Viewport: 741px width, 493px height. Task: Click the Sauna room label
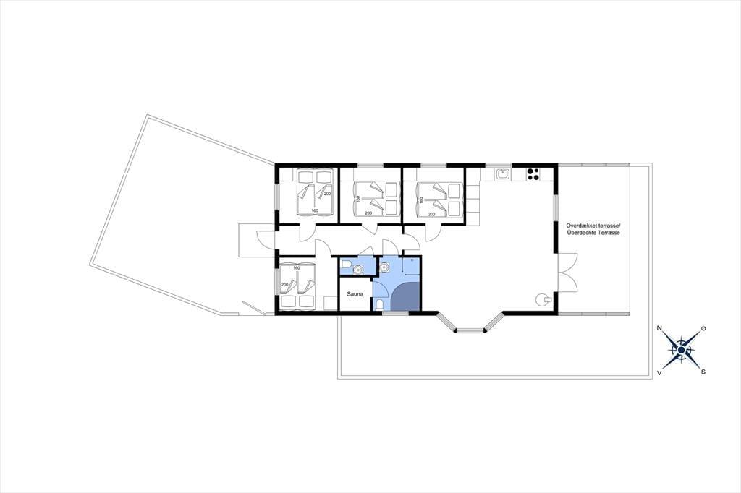pos(355,294)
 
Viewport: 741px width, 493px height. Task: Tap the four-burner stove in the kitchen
pos(533,174)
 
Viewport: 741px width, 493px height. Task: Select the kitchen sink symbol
pos(504,174)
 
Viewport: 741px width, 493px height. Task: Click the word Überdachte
pos(581,233)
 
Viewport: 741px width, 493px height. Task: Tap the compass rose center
pos(681,350)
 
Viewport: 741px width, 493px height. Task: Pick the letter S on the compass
pos(703,372)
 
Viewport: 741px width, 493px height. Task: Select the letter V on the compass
pos(659,372)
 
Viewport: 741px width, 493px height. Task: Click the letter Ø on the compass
pos(703,328)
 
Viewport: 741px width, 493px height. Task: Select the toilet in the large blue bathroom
pos(379,304)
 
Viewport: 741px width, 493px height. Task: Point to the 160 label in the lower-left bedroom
pos(296,268)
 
